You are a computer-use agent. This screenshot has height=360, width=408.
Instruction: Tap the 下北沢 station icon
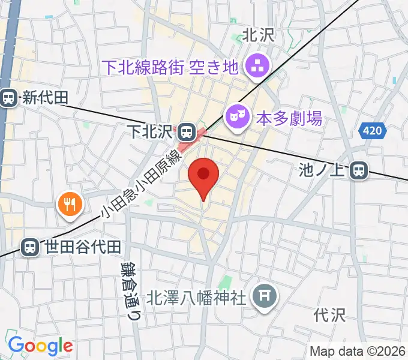(x=187, y=130)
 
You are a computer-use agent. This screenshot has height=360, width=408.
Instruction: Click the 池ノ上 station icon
(x=359, y=171)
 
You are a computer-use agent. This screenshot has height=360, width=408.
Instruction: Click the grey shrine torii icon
(x=263, y=295)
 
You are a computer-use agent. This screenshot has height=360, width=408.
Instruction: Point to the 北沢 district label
(x=258, y=35)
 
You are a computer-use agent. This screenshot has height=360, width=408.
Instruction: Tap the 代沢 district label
(x=329, y=314)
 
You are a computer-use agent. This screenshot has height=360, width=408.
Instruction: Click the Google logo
(x=40, y=346)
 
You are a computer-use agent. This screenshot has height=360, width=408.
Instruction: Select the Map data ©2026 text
(x=358, y=351)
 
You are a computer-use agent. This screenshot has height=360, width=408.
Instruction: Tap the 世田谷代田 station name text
(x=83, y=247)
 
